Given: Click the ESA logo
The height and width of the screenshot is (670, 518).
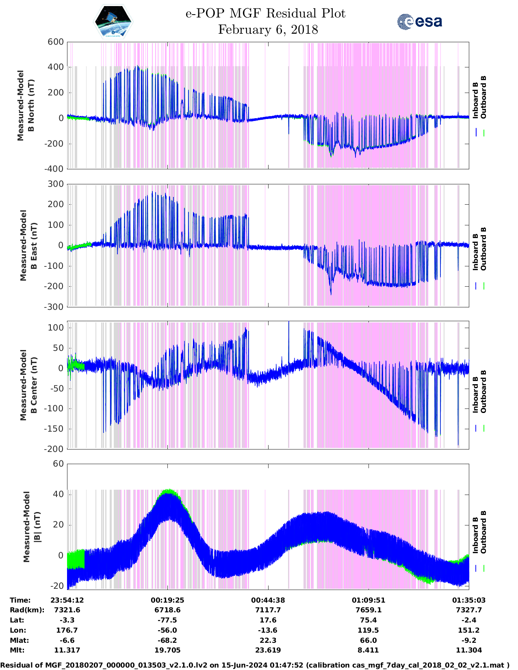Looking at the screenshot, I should point(419,22).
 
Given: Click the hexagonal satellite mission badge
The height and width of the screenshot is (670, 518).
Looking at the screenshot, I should point(113,22).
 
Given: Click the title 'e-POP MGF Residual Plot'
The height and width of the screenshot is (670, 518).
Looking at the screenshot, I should point(265,13).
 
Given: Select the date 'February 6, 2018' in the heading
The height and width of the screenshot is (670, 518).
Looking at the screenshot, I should point(268,30).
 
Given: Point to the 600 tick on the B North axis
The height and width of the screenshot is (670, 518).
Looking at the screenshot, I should point(56,42).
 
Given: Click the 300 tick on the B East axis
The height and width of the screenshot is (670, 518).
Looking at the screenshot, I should point(56,184).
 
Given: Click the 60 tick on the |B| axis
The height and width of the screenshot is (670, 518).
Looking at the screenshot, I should point(59,464).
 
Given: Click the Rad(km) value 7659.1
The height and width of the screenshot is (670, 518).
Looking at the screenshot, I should point(368,610).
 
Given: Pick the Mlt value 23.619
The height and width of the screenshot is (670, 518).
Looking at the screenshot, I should point(268,650).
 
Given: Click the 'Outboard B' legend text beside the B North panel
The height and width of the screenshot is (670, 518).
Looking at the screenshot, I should point(483,97).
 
